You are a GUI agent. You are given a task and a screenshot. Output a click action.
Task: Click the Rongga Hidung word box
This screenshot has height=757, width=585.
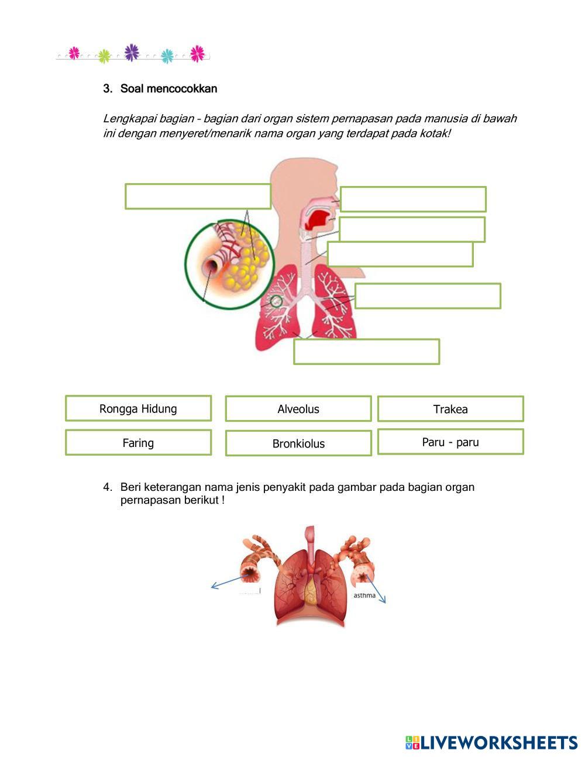pos(138,408)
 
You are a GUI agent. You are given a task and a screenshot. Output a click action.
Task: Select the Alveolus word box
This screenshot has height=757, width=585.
pos(298,409)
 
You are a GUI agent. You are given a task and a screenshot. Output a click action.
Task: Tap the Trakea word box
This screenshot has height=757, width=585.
pos(450,409)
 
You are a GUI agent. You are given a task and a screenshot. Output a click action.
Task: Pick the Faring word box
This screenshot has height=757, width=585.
pos(138,443)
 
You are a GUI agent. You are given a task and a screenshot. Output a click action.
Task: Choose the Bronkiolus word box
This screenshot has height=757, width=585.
pos(298,443)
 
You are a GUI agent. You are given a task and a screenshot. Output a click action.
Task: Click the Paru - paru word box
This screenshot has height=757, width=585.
pos(450,442)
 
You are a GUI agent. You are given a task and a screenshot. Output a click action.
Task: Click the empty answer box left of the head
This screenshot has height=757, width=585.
pos(198,196)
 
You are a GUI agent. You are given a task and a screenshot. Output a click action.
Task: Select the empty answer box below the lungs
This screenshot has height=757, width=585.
pos(366,352)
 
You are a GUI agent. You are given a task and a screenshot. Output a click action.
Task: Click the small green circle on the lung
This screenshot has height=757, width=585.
pos(276,301)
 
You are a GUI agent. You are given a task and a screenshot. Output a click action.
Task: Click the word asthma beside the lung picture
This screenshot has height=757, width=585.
pos(364,595)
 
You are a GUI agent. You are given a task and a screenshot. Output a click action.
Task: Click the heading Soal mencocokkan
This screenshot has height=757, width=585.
pos(168,89)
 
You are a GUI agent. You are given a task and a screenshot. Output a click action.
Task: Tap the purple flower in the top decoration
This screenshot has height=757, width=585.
pos(132,52)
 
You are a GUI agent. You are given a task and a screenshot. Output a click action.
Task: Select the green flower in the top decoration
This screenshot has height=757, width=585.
pos(104,56)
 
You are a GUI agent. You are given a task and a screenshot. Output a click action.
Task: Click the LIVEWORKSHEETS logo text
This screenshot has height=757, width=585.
pos(498,742)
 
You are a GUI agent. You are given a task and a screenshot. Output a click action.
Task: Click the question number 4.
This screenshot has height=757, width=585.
pos(107,487)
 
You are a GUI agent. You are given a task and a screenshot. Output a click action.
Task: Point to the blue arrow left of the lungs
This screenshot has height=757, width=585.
pos(228,582)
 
